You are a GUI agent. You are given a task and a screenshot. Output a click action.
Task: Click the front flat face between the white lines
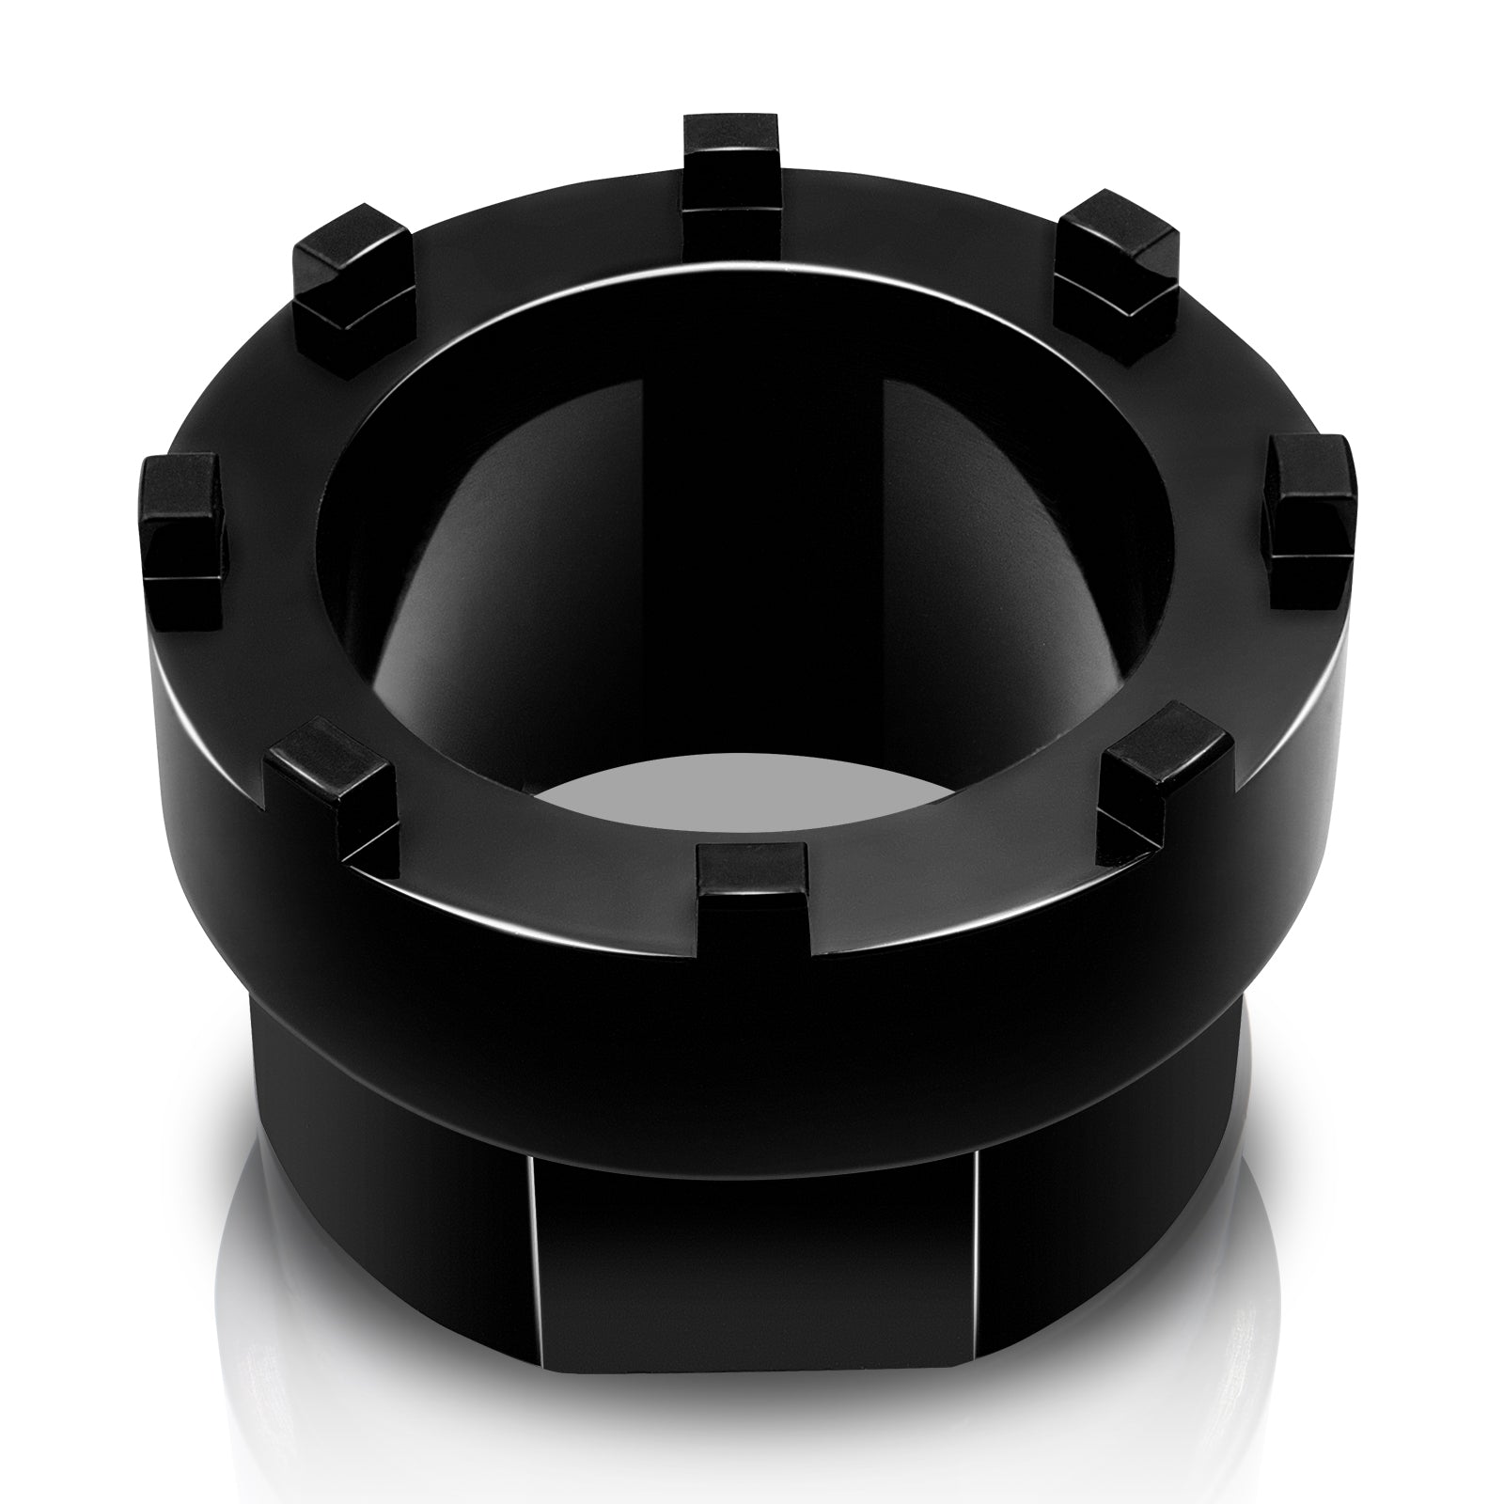[752, 1335]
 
